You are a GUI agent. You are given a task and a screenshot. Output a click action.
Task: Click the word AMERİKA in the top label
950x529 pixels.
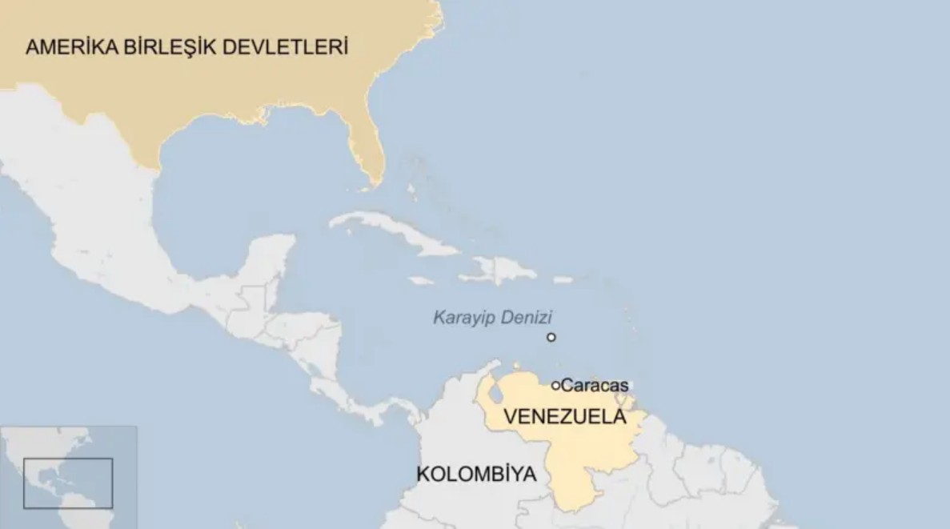coord(71,47)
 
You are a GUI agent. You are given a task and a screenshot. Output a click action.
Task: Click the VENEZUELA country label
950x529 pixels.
coord(565,417)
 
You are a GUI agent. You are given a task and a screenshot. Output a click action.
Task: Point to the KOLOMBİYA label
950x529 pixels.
coord(476,475)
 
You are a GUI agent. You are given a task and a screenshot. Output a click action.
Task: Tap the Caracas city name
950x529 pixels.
coord(595,386)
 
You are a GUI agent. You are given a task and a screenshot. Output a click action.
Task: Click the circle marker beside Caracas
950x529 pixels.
coord(555,386)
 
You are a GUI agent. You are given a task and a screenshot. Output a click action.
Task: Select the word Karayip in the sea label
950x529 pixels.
coord(462,318)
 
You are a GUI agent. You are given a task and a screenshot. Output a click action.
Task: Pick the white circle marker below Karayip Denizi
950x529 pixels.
coord(551,337)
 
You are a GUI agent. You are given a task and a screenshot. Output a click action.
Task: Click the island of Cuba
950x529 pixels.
coord(392,231)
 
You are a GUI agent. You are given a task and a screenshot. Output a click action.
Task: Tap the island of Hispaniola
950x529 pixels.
coord(500,270)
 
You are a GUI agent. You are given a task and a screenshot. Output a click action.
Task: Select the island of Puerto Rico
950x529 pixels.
coord(563,280)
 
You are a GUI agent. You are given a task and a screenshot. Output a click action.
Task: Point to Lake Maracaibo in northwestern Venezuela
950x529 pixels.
coord(495,392)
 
